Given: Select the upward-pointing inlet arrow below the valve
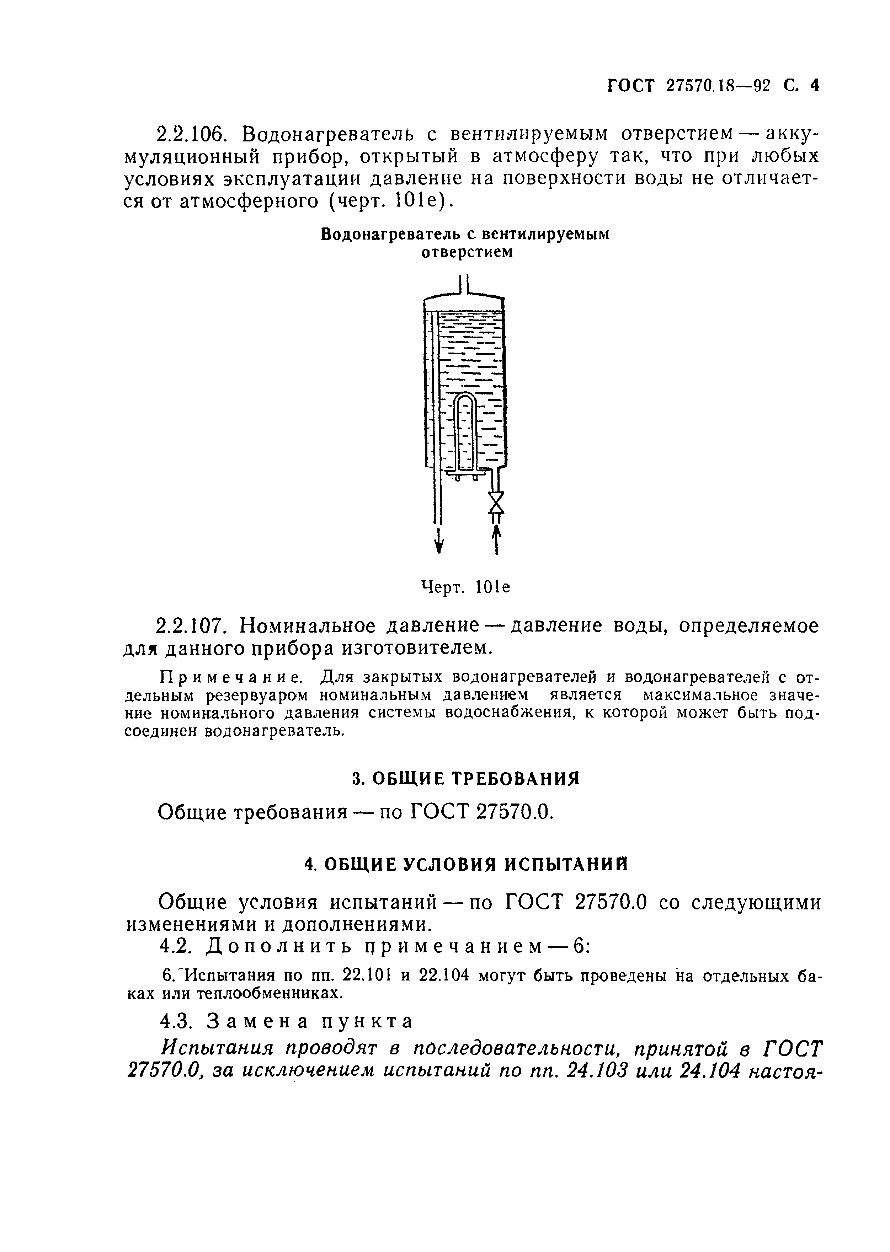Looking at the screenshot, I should pyautogui.click(x=496, y=539).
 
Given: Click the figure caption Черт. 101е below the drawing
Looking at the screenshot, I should pyautogui.click(x=465, y=587).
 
